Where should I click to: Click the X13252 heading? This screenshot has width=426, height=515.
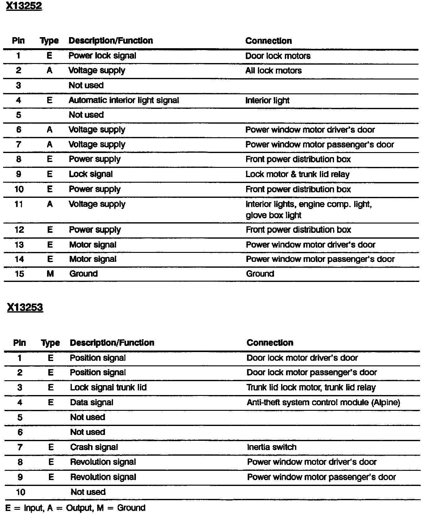coord(24,6)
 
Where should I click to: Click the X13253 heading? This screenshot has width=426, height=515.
coord(25,308)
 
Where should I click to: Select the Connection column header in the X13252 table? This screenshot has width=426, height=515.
coord(268,41)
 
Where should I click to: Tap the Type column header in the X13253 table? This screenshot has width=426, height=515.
coord(50,343)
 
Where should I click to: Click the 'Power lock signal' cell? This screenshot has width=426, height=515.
coord(102,56)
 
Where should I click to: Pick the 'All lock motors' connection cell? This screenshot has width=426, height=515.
coord(273,70)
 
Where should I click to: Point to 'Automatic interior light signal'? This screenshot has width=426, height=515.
coord(124,100)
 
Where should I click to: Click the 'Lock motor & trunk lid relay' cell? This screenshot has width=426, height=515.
coord(297,174)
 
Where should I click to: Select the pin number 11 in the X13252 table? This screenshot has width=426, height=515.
coord(19,204)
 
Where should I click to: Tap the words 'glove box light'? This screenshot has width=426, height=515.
coord(273,215)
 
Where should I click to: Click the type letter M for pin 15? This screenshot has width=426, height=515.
coord(50,274)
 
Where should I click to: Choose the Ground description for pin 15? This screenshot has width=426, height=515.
coord(83,274)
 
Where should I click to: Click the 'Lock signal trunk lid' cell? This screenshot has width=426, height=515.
coord(108,387)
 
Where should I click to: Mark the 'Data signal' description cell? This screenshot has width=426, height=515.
coord(92,402)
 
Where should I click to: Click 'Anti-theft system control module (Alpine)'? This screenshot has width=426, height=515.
coord(323,402)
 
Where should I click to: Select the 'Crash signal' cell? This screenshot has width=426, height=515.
coord(94,447)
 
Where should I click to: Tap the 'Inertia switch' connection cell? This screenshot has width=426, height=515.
coord(272,447)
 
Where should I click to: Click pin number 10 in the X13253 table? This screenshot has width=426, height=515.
coord(20,492)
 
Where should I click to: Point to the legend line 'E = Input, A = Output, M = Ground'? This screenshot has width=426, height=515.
coord(75,508)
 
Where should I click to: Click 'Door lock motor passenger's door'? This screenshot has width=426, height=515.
coord(311,372)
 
